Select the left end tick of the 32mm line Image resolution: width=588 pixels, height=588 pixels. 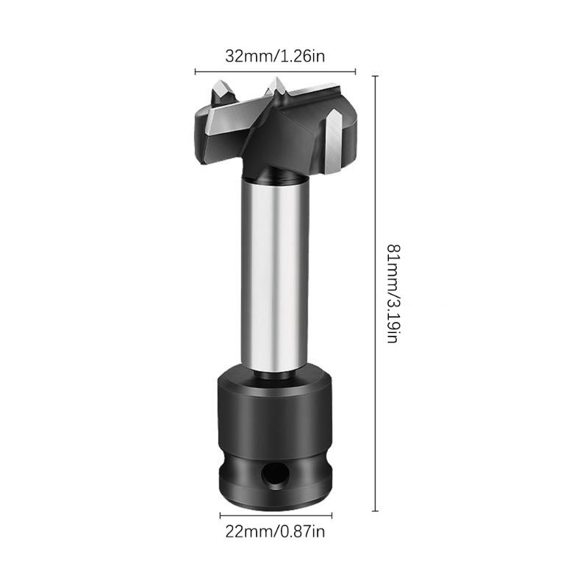click(195, 72)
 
